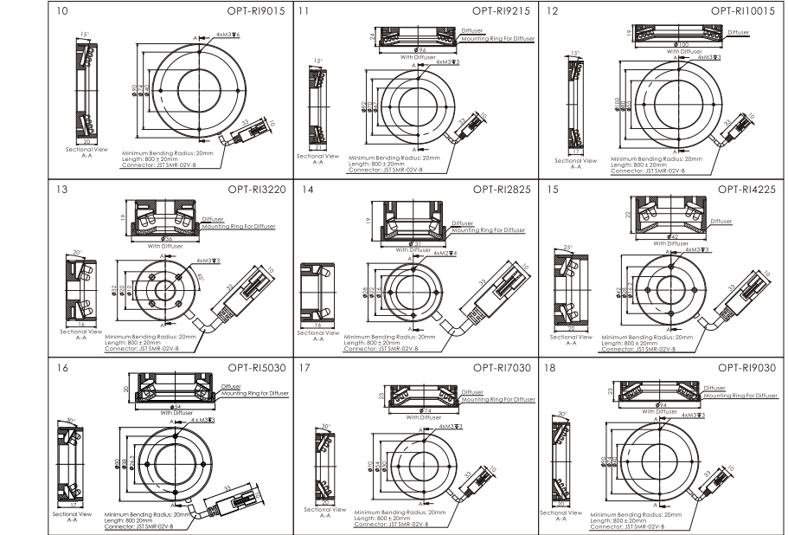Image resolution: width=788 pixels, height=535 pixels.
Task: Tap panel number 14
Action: pos(304,188)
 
